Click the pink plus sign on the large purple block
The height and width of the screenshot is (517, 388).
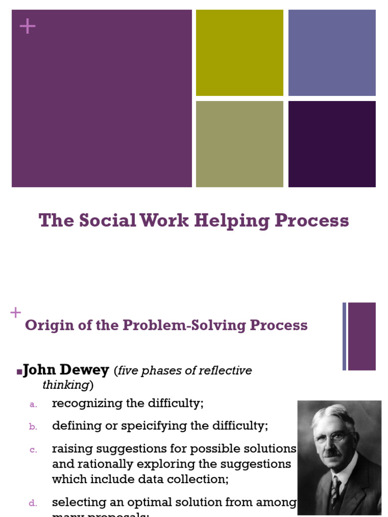click(x=28, y=26)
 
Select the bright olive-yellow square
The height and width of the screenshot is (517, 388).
click(x=239, y=53)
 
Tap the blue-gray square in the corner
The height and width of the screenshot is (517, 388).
click(x=332, y=53)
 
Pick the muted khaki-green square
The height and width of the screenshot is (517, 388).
click(x=239, y=144)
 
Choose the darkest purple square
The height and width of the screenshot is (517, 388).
click(x=332, y=144)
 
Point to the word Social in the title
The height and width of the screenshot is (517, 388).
click(x=107, y=221)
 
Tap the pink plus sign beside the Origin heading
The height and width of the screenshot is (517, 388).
click(x=16, y=313)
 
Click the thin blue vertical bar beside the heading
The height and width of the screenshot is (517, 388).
click(x=344, y=336)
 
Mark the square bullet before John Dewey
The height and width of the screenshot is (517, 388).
click(x=19, y=372)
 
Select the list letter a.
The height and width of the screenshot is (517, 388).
click(x=33, y=404)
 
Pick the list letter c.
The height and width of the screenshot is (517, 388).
click(x=33, y=449)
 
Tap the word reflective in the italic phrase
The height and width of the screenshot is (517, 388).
click(x=222, y=371)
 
